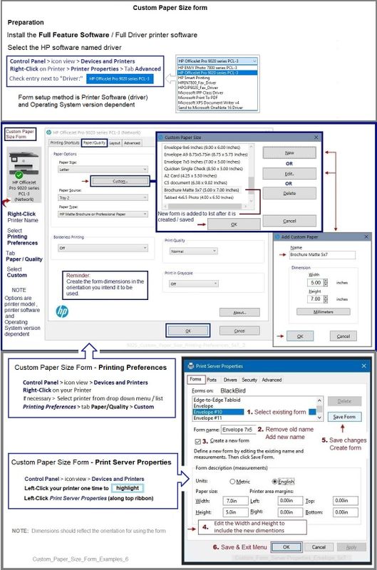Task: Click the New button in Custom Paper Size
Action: (289, 153)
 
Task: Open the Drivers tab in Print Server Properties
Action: (230, 380)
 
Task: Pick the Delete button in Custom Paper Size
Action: (289, 193)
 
